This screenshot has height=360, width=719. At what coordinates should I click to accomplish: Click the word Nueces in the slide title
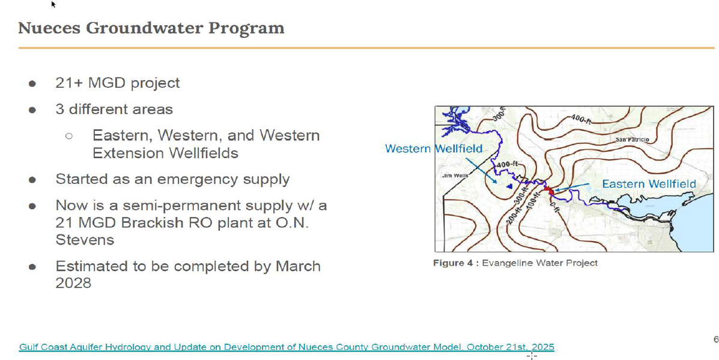tap(49, 28)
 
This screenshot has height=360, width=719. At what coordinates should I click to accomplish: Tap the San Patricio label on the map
tap(633, 139)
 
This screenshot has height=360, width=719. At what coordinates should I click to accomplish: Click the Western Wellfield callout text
tap(433, 148)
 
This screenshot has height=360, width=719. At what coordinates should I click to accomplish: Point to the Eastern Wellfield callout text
tap(649, 184)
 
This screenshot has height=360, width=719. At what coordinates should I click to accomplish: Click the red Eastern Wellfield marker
tap(547, 189)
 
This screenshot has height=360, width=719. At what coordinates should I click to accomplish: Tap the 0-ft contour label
tap(554, 206)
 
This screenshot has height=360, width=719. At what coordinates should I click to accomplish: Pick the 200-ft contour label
tap(512, 214)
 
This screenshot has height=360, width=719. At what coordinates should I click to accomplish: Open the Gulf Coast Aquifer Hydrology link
tap(287, 347)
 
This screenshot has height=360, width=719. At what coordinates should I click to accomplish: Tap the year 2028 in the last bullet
tap(73, 283)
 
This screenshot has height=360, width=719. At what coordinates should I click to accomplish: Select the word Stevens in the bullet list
tap(85, 239)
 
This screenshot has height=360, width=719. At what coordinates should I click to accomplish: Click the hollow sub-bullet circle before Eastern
tap(69, 136)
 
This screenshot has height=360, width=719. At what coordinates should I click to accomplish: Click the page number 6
tap(716, 340)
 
